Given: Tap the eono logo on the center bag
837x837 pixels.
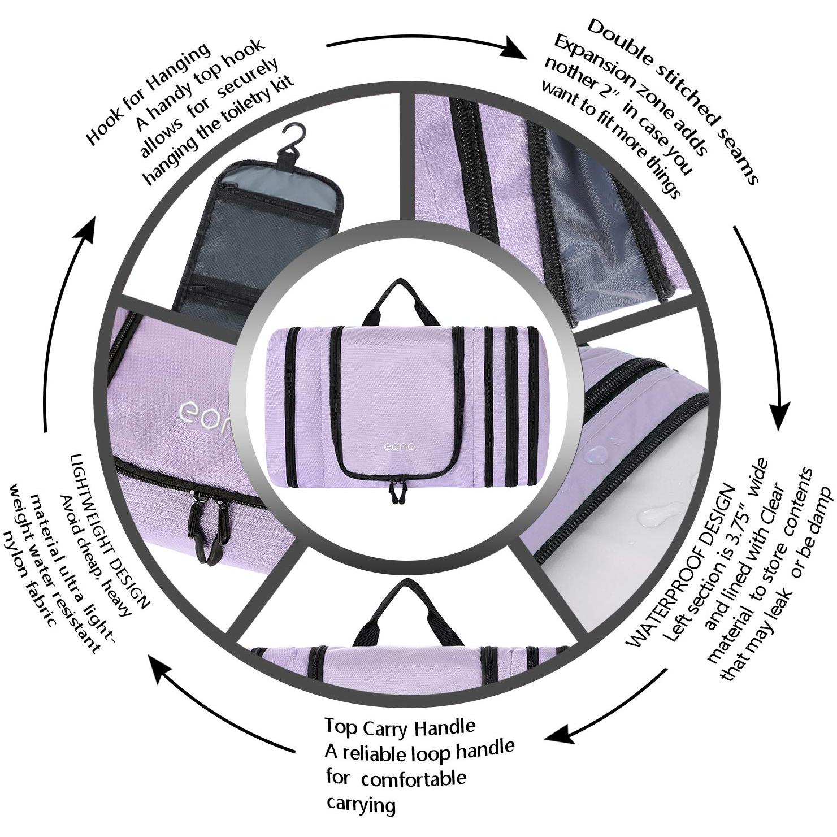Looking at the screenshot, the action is (400, 446).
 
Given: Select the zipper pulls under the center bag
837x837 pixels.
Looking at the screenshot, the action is (396, 491).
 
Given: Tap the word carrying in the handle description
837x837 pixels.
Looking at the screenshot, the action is (361, 805).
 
